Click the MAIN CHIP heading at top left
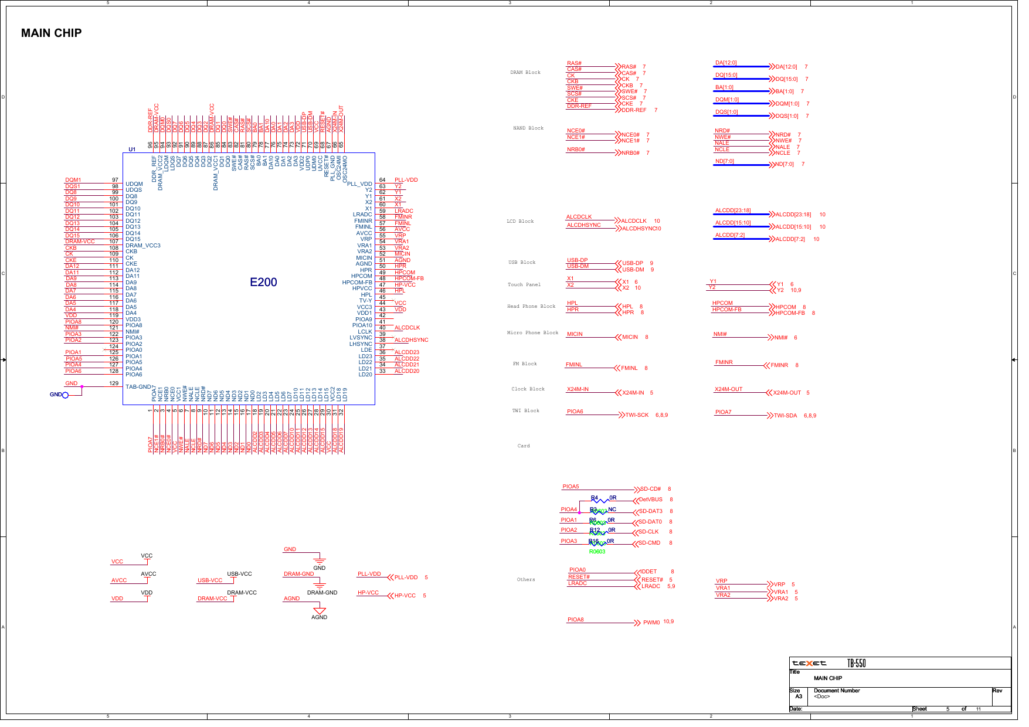pos(52,33)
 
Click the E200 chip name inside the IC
pos(263,282)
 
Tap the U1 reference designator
pos(132,150)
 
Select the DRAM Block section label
pos(525,73)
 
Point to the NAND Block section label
pos(528,128)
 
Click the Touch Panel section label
pos(524,285)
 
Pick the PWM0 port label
pos(651,623)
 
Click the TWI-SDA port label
pos(785,416)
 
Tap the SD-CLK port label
pos(648,532)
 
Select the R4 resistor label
pos(594,498)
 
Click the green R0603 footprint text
pos(597,552)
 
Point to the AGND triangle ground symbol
pos(320,611)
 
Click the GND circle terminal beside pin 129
pos(65,395)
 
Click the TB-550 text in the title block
pos(857,664)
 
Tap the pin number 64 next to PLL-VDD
pos(382,180)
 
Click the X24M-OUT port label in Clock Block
pos(787,393)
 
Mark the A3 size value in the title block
pos(799,697)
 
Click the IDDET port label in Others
pos(648,572)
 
